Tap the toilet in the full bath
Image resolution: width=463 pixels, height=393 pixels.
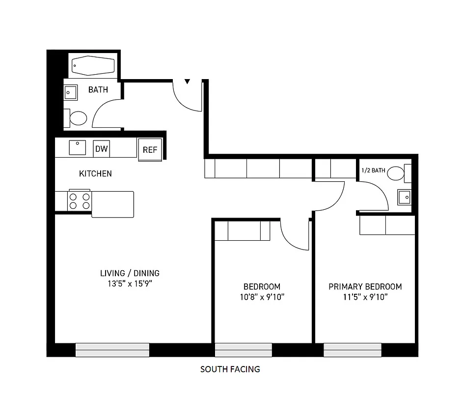click(x=77, y=118)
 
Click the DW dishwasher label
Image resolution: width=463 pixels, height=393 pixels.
click(x=101, y=149)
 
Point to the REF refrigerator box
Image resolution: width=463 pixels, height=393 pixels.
click(x=150, y=150)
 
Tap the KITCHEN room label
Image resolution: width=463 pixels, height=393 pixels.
click(x=95, y=173)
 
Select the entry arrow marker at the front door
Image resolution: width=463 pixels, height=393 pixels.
click(x=187, y=82)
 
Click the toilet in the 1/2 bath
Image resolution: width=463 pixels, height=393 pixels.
click(x=395, y=173)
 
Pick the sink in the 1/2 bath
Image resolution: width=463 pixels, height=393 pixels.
click(x=404, y=197)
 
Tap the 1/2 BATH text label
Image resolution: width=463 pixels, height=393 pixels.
click(x=373, y=170)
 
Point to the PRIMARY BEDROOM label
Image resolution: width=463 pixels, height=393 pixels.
click(x=365, y=286)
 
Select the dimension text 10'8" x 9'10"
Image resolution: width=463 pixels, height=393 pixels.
click(x=262, y=297)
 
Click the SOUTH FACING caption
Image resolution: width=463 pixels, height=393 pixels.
click(x=230, y=369)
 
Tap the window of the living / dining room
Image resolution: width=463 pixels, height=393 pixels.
click(x=112, y=350)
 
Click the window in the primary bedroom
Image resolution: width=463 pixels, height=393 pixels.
click(x=353, y=350)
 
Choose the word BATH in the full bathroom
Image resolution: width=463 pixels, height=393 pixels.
click(x=98, y=90)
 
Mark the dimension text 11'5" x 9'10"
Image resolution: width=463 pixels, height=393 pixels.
click(x=365, y=297)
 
